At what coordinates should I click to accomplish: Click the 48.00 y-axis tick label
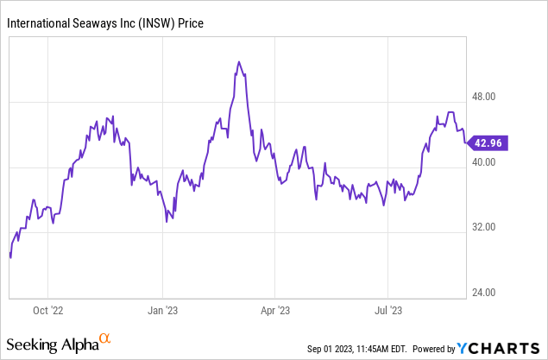pos(490,98)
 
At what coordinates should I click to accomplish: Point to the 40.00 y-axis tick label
pos(490,162)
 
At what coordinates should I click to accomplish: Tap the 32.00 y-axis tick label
pos(490,228)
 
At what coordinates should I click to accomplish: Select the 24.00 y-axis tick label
pos(490,293)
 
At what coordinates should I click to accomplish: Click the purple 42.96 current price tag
pos(488,142)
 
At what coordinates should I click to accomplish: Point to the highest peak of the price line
pos(238,62)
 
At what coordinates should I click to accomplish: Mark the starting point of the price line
pos(10,257)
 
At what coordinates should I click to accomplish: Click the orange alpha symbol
pos(104,339)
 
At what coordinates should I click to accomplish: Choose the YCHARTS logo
pos(499,348)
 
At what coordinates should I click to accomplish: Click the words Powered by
pos(434,349)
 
